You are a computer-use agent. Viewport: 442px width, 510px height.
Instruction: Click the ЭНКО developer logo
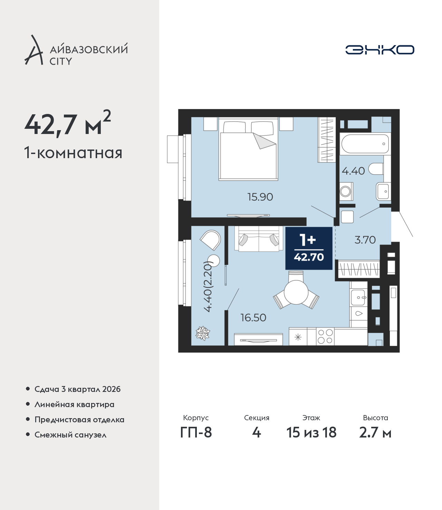[379, 50]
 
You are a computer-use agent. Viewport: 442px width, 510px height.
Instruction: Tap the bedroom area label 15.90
[260, 197]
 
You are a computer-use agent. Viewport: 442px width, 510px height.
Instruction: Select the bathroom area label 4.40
[353, 171]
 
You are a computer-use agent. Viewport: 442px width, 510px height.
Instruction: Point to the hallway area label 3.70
[365, 240]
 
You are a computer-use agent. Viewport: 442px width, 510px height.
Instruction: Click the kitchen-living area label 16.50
[253, 318]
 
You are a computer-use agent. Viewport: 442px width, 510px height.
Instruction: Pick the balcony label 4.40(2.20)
[208, 287]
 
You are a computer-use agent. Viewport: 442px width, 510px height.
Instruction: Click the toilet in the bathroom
[376, 169]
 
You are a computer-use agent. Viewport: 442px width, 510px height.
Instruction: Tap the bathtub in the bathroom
[365, 144]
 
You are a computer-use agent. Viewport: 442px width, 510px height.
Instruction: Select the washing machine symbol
[346, 191]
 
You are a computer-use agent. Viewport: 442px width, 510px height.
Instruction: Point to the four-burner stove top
[325, 336]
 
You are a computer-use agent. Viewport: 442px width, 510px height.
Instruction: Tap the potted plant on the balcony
[203, 333]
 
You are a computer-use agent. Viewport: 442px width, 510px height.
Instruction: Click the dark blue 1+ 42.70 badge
[309, 248]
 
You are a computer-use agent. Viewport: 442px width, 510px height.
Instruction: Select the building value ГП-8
[196, 433]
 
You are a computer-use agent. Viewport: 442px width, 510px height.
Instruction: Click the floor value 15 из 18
[311, 433]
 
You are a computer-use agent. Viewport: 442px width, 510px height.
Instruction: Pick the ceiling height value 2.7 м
[375, 433]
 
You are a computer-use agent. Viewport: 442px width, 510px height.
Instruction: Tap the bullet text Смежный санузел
[70, 435]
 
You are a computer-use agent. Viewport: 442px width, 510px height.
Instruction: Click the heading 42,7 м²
[68, 123]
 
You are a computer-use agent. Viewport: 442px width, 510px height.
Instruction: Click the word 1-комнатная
[73, 153]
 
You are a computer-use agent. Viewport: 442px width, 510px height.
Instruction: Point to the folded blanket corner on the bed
[264, 141]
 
